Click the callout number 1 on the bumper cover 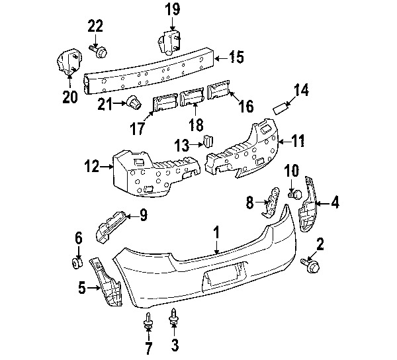[x=216, y=232]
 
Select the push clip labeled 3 [x=175, y=318]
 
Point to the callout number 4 [x=335, y=202]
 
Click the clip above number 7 [x=149, y=322]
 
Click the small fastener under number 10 [x=296, y=194]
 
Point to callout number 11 [x=299, y=140]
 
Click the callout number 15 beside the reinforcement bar [x=236, y=57]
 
